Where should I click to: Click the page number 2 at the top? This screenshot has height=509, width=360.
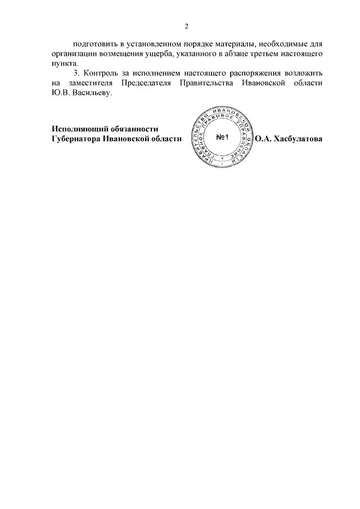pyautogui.click(x=186, y=26)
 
